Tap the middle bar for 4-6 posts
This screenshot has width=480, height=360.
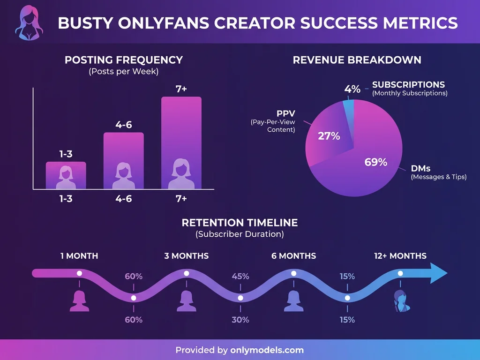(x=123, y=159)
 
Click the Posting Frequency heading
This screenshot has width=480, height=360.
(x=124, y=60)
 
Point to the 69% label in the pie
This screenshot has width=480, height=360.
(x=376, y=162)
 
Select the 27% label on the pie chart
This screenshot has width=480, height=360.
(x=329, y=136)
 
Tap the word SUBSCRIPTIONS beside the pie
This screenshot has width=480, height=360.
(x=408, y=85)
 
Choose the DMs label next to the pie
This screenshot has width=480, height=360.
(x=420, y=168)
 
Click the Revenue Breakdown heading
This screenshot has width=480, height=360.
(x=357, y=60)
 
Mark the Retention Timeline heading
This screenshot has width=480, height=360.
(x=240, y=222)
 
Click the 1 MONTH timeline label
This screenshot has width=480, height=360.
(x=79, y=256)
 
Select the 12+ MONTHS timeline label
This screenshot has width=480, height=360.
(x=400, y=256)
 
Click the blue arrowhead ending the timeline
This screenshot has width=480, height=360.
(x=438, y=273)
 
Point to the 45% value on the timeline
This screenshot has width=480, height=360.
(x=240, y=276)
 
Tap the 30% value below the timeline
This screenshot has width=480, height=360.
(x=240, y=320)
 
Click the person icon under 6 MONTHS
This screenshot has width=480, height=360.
(x=293, y=301)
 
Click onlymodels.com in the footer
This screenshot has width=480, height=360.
(x=267, y=350)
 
